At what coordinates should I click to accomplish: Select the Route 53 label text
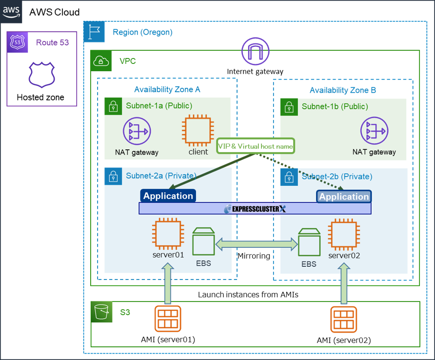coord(52,42)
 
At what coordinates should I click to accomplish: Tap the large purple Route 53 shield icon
coord(41,75)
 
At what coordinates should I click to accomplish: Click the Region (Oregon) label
coord(142,32)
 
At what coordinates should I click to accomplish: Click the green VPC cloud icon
coord(100,61)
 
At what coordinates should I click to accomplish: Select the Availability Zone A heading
coord(167,89)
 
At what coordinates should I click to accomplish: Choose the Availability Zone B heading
coord(343,90)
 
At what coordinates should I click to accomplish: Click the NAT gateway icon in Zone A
coord(137,130)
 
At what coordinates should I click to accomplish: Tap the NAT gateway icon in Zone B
coord(374,131)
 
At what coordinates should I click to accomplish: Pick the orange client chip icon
coord(198,130)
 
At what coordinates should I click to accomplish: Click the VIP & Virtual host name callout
coord(256,146)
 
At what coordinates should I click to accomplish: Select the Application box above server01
coord(168,196)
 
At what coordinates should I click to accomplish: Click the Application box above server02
coord(344,197)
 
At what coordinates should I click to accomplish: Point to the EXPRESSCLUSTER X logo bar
coord(255,209)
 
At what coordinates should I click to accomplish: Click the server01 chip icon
coord(168,234)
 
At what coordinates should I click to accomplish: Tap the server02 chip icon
coord(344,235)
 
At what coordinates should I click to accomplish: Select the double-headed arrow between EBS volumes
coord(257,243)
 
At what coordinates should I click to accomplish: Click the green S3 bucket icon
coord(101,312)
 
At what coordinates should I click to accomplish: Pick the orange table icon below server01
coord(167,319)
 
